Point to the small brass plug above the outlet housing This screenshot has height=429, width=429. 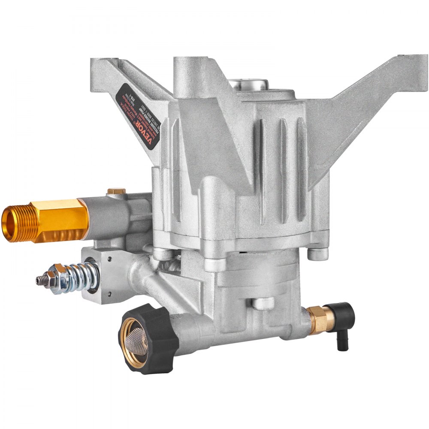coord(116,191)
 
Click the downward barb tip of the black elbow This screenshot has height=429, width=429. coord(342,346)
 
